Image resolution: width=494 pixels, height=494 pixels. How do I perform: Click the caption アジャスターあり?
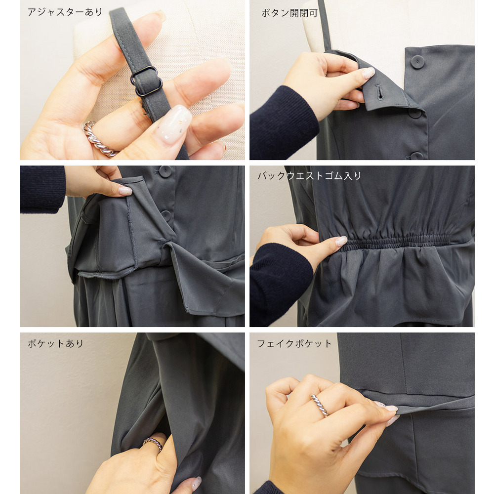pos(65,12)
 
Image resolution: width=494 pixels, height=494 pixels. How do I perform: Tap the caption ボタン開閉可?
pos(289,13)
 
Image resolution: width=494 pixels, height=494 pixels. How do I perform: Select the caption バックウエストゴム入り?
pos(309,175)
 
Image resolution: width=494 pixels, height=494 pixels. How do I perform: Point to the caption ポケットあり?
pos(55,343)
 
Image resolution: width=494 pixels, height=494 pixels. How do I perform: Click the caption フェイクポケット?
pos(294,343)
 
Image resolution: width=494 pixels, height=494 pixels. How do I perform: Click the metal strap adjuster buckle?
pos(147,81)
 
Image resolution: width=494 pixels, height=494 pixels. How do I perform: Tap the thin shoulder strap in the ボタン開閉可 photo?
pos(325,25)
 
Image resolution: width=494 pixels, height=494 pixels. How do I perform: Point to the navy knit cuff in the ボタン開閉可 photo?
pos(283,123)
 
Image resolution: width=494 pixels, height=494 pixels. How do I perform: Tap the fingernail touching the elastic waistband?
pos(341,242)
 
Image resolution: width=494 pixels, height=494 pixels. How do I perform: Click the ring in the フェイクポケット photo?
pos(320,406)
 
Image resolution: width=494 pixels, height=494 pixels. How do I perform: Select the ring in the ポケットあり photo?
pos(153,444)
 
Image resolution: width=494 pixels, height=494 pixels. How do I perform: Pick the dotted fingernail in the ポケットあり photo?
pos(197,483)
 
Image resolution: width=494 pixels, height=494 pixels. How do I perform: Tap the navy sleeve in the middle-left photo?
pos(42,189)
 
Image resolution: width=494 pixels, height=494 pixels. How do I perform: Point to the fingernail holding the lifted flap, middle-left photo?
pos(125,191)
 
